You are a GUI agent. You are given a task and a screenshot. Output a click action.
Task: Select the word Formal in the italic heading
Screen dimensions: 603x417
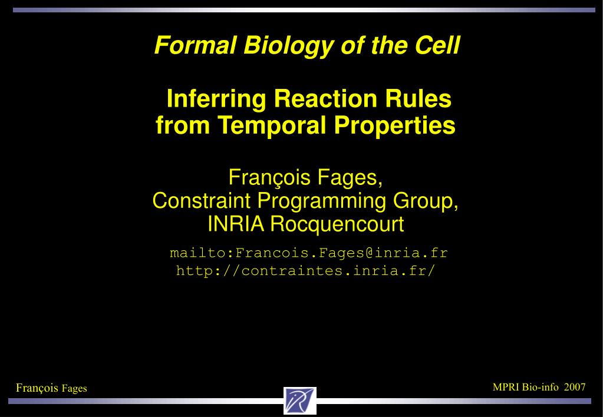tap(195, 45)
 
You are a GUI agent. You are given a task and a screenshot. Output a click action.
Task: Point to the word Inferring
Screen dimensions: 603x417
tap(216, 100)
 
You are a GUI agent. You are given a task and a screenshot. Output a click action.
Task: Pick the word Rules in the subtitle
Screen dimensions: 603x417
tap(419, 98)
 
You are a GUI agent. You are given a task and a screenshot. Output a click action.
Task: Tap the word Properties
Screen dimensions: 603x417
tap(394, 125)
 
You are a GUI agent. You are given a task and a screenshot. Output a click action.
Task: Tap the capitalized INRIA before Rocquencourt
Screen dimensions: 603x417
tap(236, 224)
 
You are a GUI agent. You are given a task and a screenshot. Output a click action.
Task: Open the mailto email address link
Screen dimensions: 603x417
tap(309, 253)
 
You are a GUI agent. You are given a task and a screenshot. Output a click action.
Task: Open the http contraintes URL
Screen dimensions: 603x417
tap(306, 270)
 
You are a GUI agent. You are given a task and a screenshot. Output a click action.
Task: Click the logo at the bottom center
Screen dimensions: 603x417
tap(300, 401)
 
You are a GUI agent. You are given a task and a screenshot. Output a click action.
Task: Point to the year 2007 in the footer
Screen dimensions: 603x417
tap(575, 387)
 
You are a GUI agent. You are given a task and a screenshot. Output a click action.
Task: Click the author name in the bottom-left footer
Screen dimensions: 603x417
tap(51, 388)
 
